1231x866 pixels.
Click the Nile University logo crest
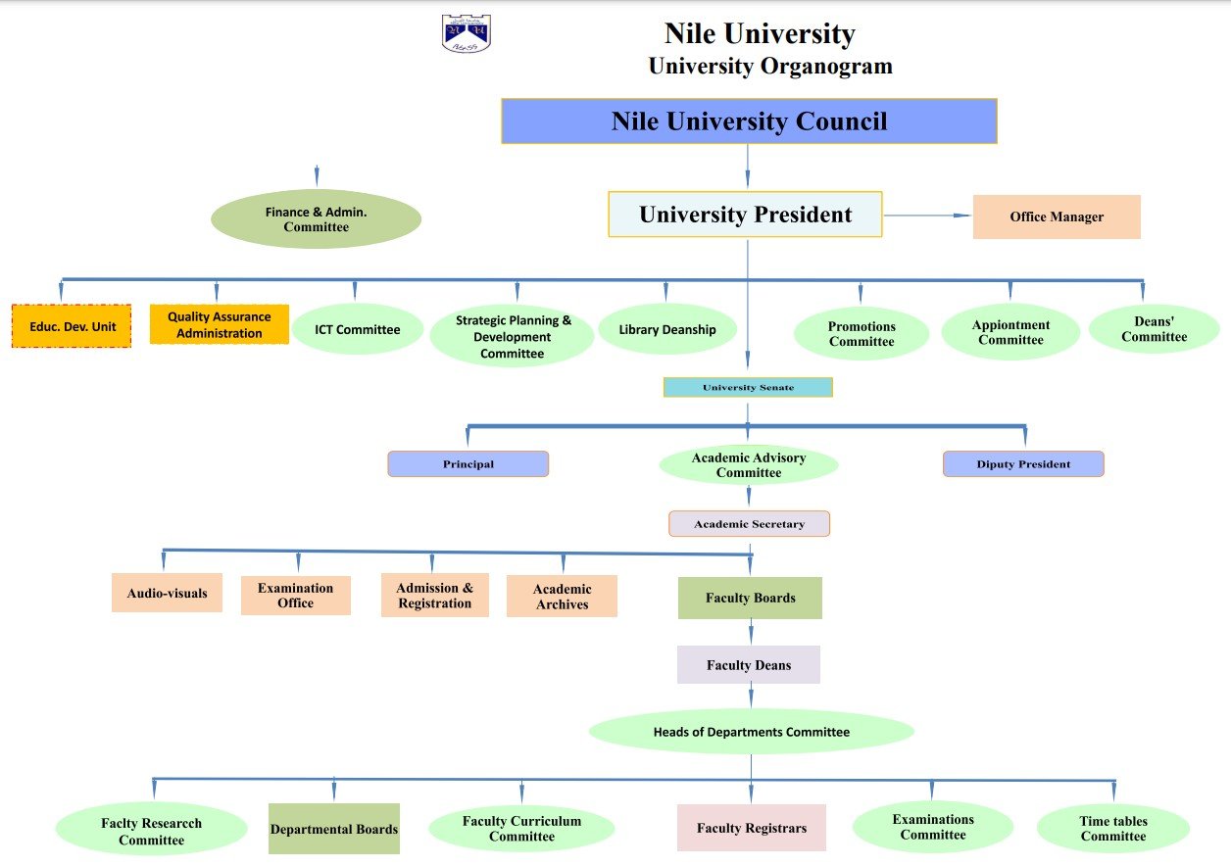tap(466, 33)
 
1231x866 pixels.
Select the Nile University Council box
tap(749, 121)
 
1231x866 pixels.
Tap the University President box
tap(745, 215)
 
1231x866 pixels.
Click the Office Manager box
tap(1057, 216)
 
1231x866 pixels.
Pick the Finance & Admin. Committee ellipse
tap(316, 218)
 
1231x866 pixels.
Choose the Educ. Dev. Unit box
tap(72, 326)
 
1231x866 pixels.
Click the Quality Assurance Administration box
tap(220, 325)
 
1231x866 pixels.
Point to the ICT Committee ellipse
tap(357, 329)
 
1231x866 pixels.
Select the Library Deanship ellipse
tap(667, 330)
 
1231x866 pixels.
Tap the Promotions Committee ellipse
tap(861, 334)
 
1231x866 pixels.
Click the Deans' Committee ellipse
tap(1154, 329)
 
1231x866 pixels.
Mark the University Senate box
tap(748, 387)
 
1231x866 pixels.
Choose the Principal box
tap(468, 463)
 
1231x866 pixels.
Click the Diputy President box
tap(1023, 463)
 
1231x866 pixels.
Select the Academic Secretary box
tap(749, 524)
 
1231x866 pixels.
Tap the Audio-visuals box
tap(167, 593)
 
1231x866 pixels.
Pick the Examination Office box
tap(295, 596)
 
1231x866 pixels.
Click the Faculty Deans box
tap(748, 665)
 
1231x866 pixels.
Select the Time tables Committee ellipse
tap(1112, 829)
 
